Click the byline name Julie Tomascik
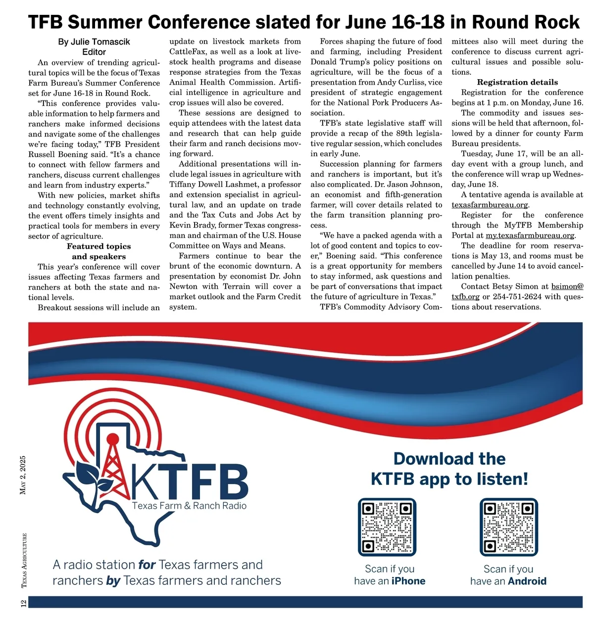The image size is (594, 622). (x=100, y=42)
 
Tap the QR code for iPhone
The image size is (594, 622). (x=387, y=527)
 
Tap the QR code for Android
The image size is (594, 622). (x=509, y=527)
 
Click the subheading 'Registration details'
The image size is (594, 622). (x=517, y=82)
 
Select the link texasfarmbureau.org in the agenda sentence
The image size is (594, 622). (x=490, y=205)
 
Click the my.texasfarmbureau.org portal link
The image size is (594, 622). (x=530, y=236)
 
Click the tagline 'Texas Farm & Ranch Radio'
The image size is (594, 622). (x=189, y=506)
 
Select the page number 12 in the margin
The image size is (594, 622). (x=23, y=603)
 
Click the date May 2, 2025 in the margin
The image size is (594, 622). (x=23, y=475)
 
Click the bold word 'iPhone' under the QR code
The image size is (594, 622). (x=408, y=581)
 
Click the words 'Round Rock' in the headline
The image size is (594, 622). (x=525, y=22)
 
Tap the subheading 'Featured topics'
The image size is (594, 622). (x=99, y=246)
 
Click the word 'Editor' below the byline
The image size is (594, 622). (x=94, y=52)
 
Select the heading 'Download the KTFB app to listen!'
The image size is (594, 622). (x=449, y=469)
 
